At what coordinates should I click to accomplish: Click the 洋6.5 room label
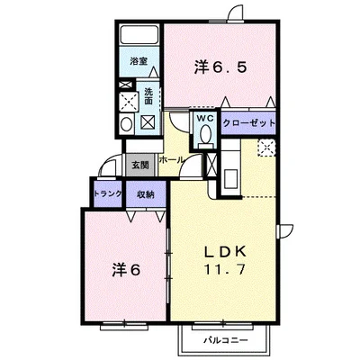[x=220, y=67]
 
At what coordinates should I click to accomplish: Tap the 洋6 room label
[x=126, y=270]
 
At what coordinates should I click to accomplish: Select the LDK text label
[x=225, y=252]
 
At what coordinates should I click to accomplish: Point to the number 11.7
[x=225, y=269]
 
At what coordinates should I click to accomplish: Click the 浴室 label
[x=139, y=61]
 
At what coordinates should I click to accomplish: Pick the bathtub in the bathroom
[x=139, y=35]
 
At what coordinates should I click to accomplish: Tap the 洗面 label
[x=148, y=95]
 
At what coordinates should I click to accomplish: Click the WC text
[x=205, y=118]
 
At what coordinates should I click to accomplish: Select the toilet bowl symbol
[x=206, y=133]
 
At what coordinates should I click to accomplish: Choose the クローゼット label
[x=248, y=122]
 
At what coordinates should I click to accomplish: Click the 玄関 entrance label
[x=140, y=165]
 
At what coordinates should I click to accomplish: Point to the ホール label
[x=171, y=159]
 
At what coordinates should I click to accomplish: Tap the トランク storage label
[x=108, y=193]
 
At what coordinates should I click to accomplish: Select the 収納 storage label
[x=146, y=194]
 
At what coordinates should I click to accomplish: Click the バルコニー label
[x=226, y=340]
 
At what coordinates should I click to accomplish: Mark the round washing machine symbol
[x=127, y=123]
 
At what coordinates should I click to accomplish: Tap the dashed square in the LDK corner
[x=266, y=148]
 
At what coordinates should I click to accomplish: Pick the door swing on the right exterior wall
[x=285, y=230]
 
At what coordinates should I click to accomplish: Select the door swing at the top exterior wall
[x=236, y=13]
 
